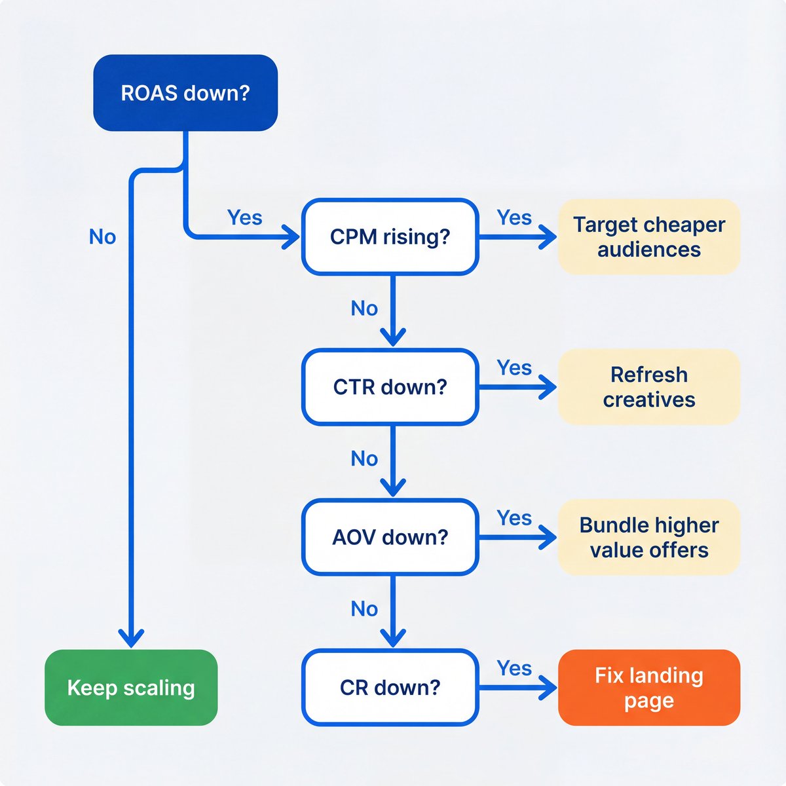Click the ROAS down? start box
click(185, 92)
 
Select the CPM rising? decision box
click(390, 236)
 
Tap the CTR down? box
click(390, 387)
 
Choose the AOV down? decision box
click(390, 537)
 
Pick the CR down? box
click(390, 688)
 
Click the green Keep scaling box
click(131, 688)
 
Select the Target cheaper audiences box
click(648, 236)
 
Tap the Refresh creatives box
click(648, 387)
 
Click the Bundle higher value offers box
click(648, 537)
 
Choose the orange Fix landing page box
click(648, 688)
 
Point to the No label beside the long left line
click(102, 236)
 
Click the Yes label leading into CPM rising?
click(244, 217)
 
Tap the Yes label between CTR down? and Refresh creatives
click(514, 368)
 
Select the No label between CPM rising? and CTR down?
click(364, 308)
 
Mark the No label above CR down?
click(364, 608)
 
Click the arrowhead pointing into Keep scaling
click(131, 637)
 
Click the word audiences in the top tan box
click(648, 250)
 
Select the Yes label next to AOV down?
click(514, 518)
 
